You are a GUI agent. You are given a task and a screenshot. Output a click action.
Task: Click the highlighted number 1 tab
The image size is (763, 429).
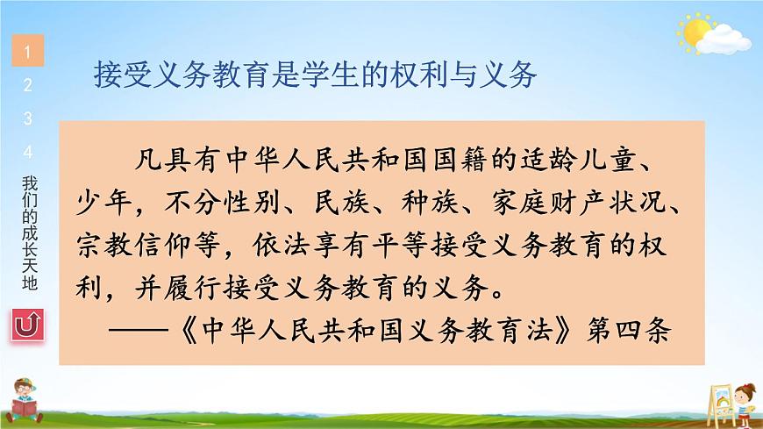click(x=28, y=51)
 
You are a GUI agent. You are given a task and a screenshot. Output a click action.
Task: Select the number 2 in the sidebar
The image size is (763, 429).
click(x=28, y=85)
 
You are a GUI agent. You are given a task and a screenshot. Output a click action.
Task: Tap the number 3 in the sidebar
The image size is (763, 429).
click(x=28, y=118)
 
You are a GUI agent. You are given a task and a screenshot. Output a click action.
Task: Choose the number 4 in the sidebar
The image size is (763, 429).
click(x=28, y=152)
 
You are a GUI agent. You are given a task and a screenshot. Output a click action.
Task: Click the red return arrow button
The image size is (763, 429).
click(x=28, y=325)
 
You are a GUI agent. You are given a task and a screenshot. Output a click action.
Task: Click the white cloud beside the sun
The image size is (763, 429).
click(x=724, y=39)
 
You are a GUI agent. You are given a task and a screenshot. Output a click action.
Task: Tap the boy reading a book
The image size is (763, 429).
click(x=25, y=400)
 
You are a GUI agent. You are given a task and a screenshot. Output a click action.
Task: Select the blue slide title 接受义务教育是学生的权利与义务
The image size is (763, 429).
click(x=316, y=75)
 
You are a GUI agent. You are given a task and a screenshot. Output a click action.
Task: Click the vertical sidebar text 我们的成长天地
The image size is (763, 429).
click(x=29, y=233)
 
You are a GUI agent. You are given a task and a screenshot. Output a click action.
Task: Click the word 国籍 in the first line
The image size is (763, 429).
click(x=460, y=161)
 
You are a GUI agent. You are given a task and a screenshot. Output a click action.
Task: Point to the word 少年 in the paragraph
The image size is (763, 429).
click(x=104, y=202)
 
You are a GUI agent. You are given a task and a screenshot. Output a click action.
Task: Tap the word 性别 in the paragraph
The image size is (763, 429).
click(x=252, y=202)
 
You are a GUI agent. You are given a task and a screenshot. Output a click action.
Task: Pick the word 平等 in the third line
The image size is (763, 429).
click(x=400, y=245)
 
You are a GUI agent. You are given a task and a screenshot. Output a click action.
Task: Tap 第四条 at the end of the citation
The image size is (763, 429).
click(x=629, y=330)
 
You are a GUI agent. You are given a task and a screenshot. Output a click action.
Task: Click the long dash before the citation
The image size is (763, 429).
click(x=139, y=330)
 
